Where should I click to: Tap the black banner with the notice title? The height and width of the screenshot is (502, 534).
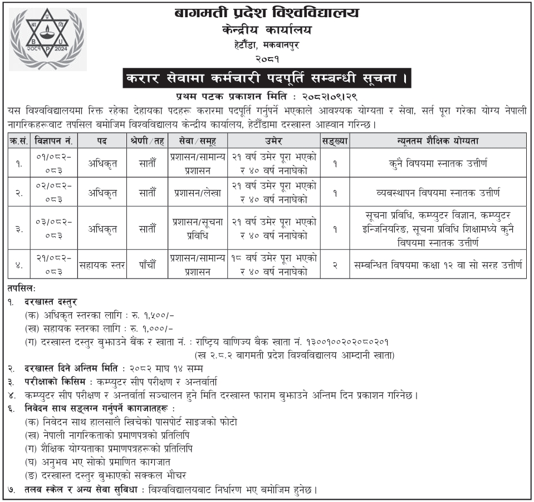click(x=267, y=78)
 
